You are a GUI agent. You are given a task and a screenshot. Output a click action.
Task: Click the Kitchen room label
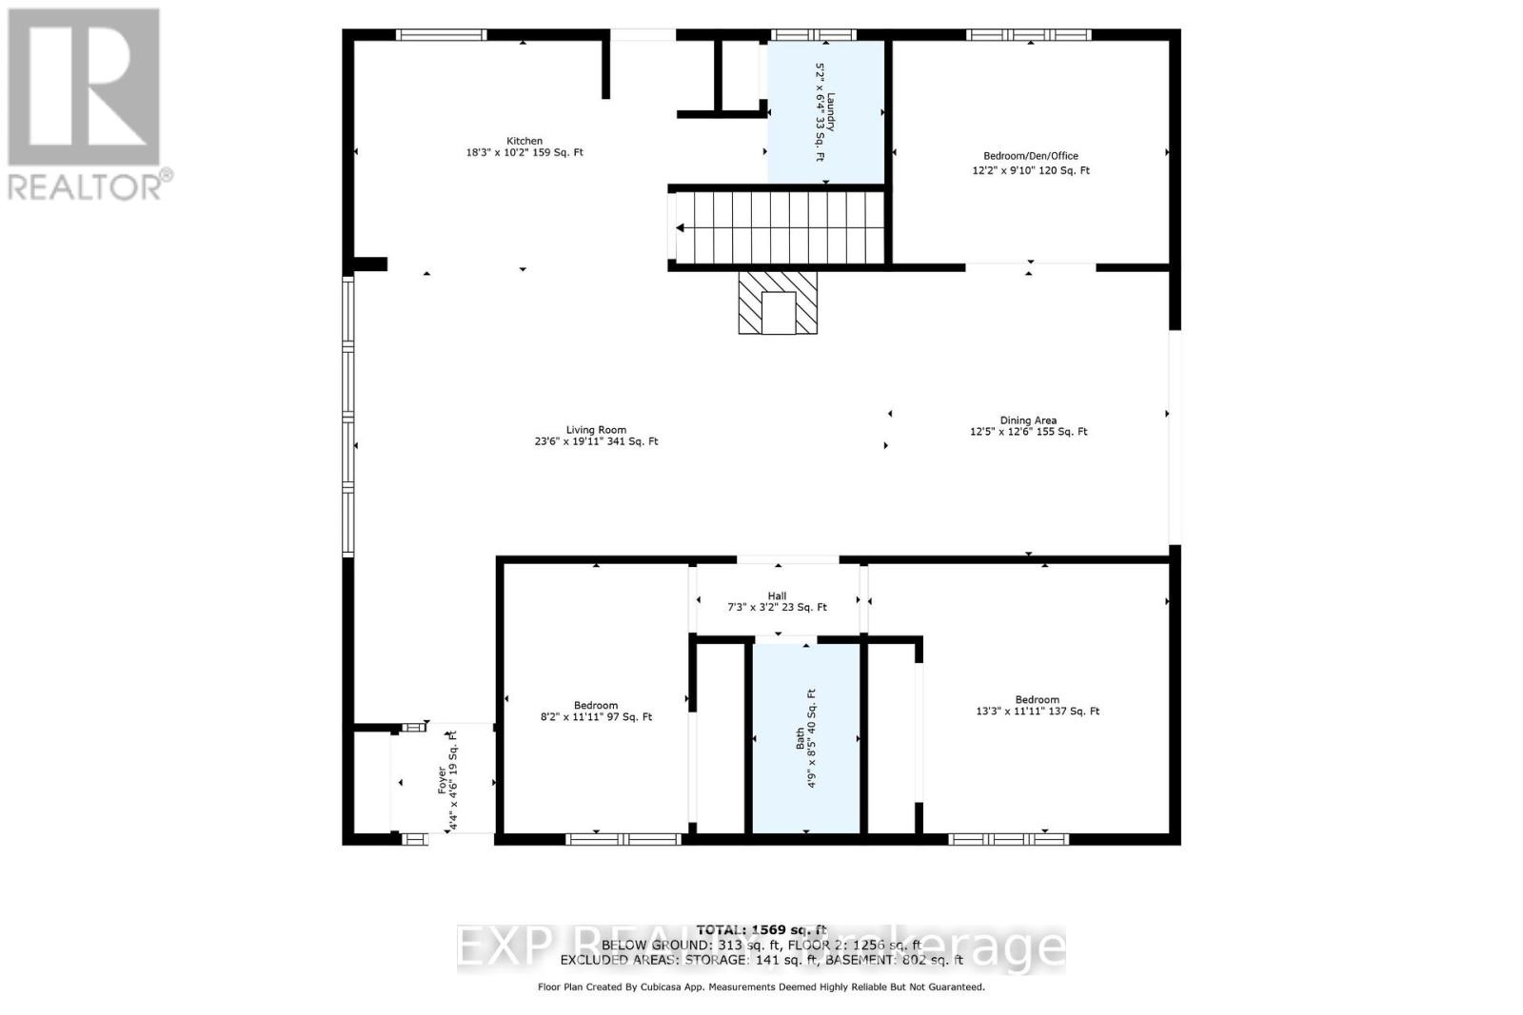[524, 141]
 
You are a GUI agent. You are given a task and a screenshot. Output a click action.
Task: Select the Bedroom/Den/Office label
[1030, 156]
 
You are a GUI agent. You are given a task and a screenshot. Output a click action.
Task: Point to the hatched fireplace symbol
[778, 302]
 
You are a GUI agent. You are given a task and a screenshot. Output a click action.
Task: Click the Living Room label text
[596, 430]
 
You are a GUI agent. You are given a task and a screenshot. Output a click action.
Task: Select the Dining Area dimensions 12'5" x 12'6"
[1028, 432]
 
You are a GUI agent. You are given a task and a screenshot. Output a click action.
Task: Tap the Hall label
[777, 596]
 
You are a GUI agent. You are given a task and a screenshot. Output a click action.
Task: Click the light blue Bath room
[806, 738]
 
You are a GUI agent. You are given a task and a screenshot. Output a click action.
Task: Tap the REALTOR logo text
[86, 185]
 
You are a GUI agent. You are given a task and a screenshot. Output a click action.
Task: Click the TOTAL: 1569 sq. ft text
[761, 929]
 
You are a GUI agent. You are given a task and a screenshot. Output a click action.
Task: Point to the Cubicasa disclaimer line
[761, 987]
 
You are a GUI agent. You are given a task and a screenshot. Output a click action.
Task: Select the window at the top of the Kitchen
[441, 35]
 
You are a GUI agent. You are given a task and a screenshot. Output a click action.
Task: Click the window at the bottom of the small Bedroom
[623, 839]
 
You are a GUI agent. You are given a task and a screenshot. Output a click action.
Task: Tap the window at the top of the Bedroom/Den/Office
[1028, 35]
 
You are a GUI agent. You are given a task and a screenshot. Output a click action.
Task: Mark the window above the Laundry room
[813, 35]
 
